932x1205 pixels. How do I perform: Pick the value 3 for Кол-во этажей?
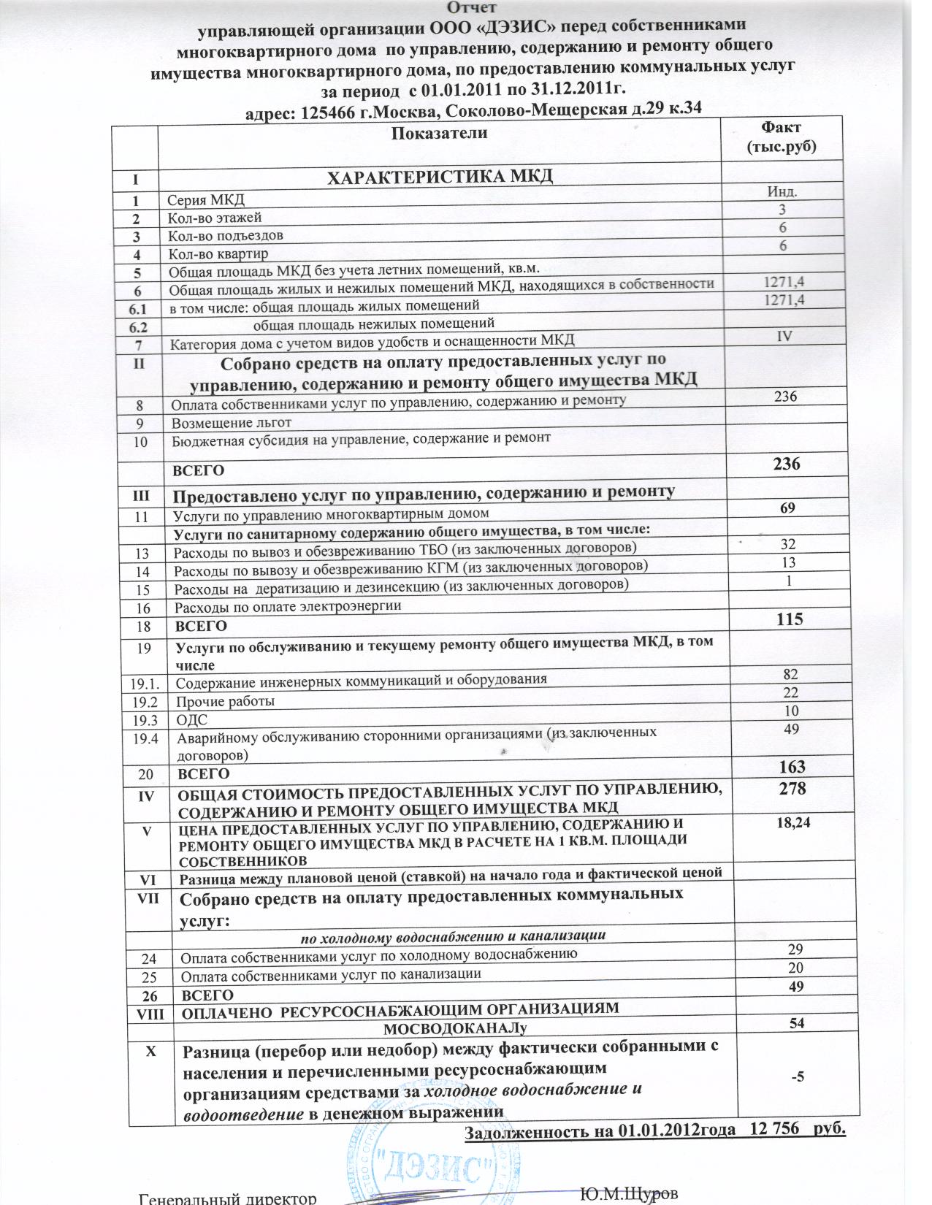tap(782, 210)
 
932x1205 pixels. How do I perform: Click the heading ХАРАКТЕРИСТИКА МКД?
tap(439, 177)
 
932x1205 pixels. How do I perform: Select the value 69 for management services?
tap(787, 508)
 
